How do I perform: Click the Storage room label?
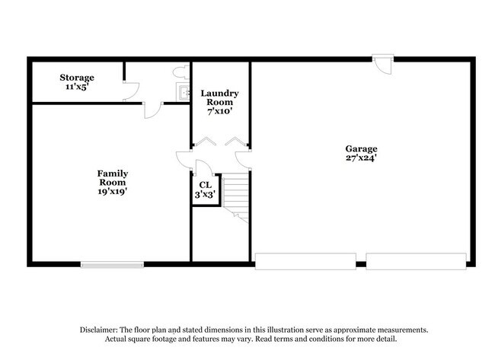coord(77,78)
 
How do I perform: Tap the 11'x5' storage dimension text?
coord(77,88)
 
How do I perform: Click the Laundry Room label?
coord(219,98)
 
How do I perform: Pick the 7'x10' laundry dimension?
coord(219,111)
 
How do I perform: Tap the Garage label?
coord(361,149)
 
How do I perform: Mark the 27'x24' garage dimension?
coord(361,159)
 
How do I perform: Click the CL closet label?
coord(205,185)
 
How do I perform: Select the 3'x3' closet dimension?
coord(205,195)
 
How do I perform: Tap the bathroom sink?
coord(183,93)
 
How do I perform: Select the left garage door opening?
coord(305,262)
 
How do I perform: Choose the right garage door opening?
coord(416,262)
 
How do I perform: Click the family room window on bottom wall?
coord(112,265)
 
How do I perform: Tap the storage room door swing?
coord(130,91)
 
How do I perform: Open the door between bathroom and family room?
coord(152,109)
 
